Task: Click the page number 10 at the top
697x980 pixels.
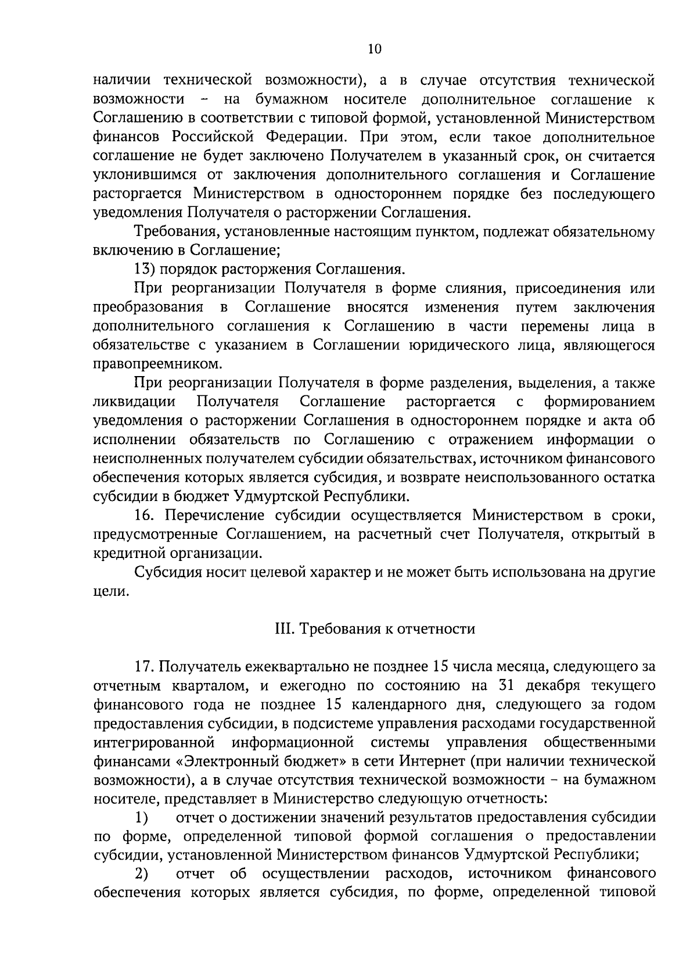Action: click(374, 49)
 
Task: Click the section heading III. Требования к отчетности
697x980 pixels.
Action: click(374, 629)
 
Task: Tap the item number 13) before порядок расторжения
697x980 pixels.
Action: click(143, 270)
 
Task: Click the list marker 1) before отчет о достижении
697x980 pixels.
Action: click(142, 818)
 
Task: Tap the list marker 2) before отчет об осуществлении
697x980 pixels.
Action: click(142, 874)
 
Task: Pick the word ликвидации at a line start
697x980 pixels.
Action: click(134, 402)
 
